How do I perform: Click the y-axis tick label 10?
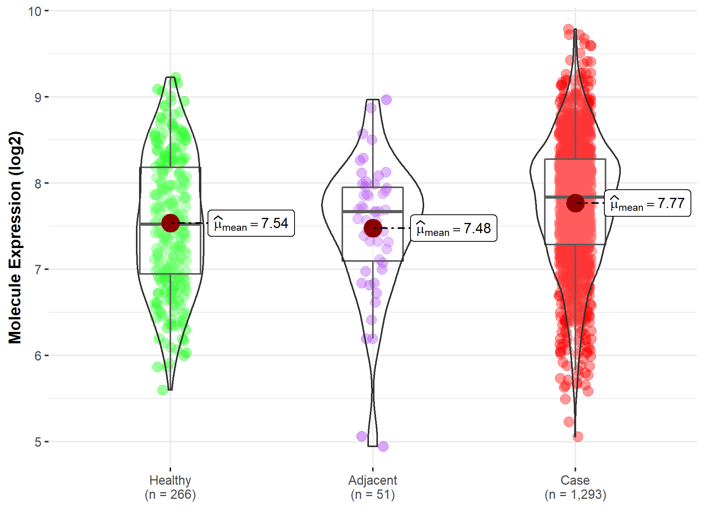click(x=34, y=11)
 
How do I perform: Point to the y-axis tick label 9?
click(x=38, y=97)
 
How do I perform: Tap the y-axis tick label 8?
click(x=38, y=183)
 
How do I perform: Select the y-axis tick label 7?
click(x=38, y=270)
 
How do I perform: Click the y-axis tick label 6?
click(x=38, y=356)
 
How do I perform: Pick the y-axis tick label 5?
click(x=38, y=442)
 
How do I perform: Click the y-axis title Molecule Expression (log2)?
click(x=15, y=237)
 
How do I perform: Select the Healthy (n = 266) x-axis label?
click(x=170, y=487)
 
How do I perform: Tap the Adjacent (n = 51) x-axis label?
click(x=372, y=487)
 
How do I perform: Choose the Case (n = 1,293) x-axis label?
click(x=575, y=487)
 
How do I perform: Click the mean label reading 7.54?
click(x=251, y=223)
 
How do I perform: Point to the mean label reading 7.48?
click(x=454, y=228)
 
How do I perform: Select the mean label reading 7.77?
click(x=647, y=203)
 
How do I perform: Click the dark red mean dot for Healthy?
click(x=170, y=223)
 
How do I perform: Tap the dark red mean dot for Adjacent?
click(x=373, y=228)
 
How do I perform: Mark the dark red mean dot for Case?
click(x=575, y=203)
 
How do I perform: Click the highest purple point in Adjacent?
click(x=386, y=100)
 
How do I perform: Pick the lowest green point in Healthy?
click(x=163, y=390)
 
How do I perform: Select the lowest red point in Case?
click(x=578, y=437)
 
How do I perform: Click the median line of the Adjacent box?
click(x=372, y=211)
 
